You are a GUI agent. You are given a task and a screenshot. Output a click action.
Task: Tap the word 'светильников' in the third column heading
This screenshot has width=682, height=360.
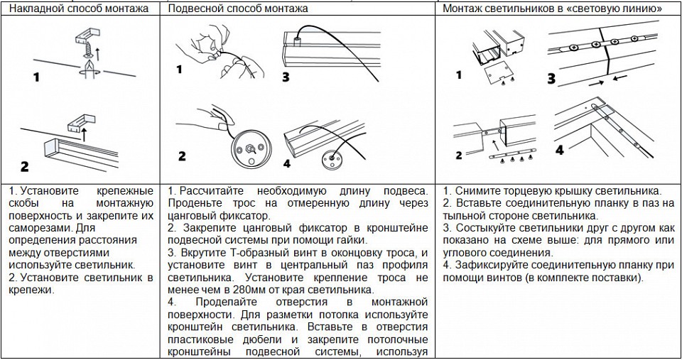[x=519, y=9]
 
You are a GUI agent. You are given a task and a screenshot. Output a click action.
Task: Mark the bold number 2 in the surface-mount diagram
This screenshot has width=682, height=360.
[x=25, y=166]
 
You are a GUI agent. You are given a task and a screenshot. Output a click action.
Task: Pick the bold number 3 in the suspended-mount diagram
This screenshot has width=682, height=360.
[x=286, y=77]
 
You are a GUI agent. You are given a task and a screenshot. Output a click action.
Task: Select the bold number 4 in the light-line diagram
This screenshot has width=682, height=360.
[x=560, y=150]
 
